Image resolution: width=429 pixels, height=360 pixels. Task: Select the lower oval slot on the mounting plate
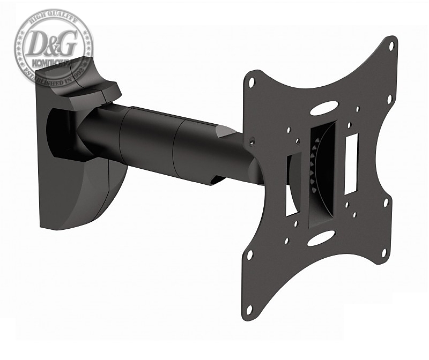coord(321,238)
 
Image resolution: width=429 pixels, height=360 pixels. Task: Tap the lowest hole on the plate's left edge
coord(249,309)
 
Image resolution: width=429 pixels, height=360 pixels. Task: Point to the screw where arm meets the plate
coord(251,140)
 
